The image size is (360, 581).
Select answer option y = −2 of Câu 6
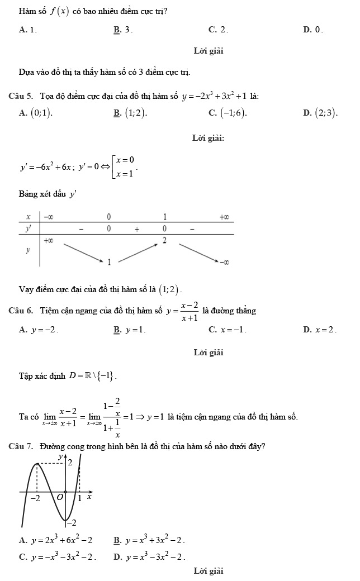click(x=43, y=330)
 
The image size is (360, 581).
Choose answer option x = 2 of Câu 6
click(x=325, y=330)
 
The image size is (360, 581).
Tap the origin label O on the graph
click(x=60, y=497)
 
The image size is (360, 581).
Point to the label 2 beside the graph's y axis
click(x=70, y=463)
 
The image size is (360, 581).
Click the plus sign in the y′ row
click(x=136, y=228)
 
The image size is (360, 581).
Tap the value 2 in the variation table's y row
click(x=164, y=240)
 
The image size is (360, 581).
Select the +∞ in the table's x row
click(x=224, y=216)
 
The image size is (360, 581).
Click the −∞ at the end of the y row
click(x=224, y=261)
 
